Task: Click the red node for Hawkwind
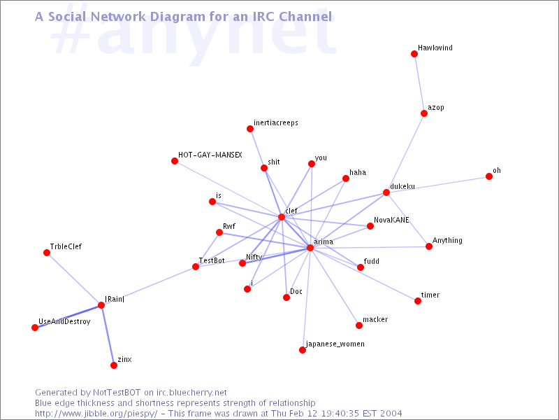414,54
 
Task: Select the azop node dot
424,113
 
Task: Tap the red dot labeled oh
489,176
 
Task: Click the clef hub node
282,217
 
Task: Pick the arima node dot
310,248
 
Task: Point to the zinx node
114,365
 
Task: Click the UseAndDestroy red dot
35,328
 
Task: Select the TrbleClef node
47,253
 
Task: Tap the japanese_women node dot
303,350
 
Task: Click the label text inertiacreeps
276,123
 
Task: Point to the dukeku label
402,186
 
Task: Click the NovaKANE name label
391,220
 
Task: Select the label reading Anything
447,240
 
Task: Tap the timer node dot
418,301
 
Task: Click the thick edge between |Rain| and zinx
108,335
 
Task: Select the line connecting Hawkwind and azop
419,83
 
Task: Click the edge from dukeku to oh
438,185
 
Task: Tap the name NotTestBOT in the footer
117,393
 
